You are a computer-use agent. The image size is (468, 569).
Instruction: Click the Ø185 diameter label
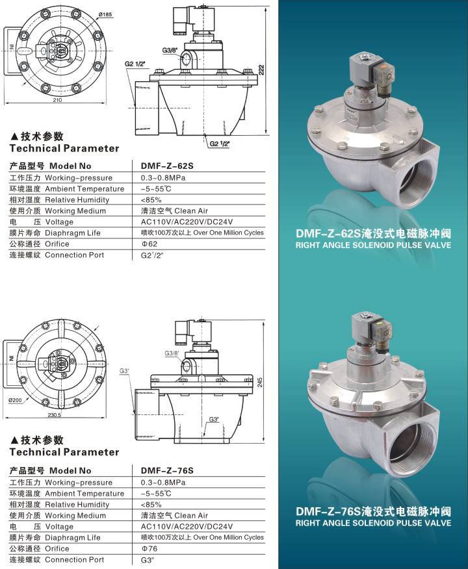(106, 14)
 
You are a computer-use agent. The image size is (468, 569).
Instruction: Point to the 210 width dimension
(57, 100)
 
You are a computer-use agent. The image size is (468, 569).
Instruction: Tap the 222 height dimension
(261, 70)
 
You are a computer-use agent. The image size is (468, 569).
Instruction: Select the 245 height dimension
(260, 382)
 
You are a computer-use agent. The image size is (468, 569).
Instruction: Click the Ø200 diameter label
(15, 400)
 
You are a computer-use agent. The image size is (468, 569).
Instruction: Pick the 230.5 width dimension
(54, 415)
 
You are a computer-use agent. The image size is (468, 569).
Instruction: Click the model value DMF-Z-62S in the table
(167, 166)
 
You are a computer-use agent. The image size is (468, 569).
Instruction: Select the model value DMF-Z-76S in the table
(167, 470)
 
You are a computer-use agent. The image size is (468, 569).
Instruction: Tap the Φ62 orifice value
(149, 244)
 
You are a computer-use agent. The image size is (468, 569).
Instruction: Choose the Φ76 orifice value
(149, 548)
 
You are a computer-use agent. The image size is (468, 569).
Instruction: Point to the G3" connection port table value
(148, 560)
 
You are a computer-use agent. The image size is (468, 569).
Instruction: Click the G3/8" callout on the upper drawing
(170, 50)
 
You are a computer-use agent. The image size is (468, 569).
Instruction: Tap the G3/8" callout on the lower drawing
(172, 353)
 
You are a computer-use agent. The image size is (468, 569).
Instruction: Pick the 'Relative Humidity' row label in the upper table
(77, 200)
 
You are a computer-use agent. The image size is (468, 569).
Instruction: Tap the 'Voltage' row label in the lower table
(59, 527)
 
